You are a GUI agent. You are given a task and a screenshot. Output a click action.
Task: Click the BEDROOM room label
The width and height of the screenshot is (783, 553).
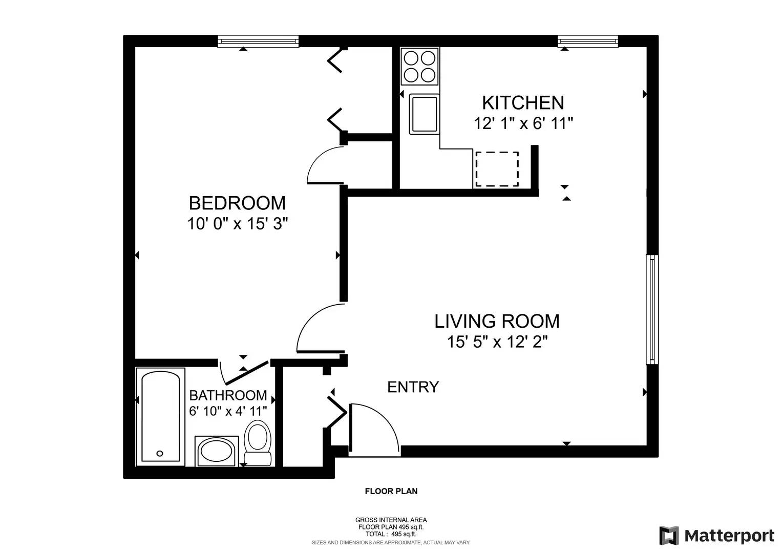tap(237, 203)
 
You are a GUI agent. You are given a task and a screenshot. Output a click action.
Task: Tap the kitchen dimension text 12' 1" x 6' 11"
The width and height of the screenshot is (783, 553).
tap(523, 123)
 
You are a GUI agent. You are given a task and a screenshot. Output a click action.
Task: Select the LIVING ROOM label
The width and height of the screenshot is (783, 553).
tap(497, 321)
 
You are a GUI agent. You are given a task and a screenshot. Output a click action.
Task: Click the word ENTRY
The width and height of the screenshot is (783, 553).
tap(413, 387)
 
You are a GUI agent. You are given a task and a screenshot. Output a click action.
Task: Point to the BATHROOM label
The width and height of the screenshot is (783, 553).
tap(228, 395)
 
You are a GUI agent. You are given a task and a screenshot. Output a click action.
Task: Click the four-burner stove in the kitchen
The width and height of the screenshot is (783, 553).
tap(419, 67)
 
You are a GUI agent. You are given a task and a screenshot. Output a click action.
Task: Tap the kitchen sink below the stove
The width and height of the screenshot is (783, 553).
tap(424, 114)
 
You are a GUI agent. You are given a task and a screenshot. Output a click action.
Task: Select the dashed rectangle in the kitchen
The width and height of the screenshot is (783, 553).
tap(497, 169)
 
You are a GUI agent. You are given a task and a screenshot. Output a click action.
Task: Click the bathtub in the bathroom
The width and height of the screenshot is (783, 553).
tap(160, 416)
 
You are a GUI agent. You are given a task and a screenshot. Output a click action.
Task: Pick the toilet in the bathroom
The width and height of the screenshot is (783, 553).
tap(258, 442)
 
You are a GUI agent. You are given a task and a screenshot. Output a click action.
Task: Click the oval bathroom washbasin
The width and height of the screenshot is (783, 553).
tap(217, 452)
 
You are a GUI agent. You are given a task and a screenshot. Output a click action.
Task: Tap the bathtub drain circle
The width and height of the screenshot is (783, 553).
tap(160, 454)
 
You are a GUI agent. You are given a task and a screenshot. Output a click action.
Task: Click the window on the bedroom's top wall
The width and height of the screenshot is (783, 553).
tap(258, 41)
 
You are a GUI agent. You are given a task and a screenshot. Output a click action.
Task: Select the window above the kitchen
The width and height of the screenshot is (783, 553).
tap(588, 41)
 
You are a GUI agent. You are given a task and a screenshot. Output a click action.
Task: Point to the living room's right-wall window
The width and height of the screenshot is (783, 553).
tap(652, 309)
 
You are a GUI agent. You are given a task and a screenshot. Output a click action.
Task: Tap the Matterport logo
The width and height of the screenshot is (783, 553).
tap(717, 536)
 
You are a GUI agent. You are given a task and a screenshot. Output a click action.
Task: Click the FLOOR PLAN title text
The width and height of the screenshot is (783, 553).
tap(391, 491)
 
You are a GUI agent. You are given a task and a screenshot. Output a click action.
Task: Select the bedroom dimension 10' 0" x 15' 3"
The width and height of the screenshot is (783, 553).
tap(237, 224)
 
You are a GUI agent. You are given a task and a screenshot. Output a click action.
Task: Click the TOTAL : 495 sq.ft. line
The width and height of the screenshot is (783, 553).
tap(391, 534)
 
